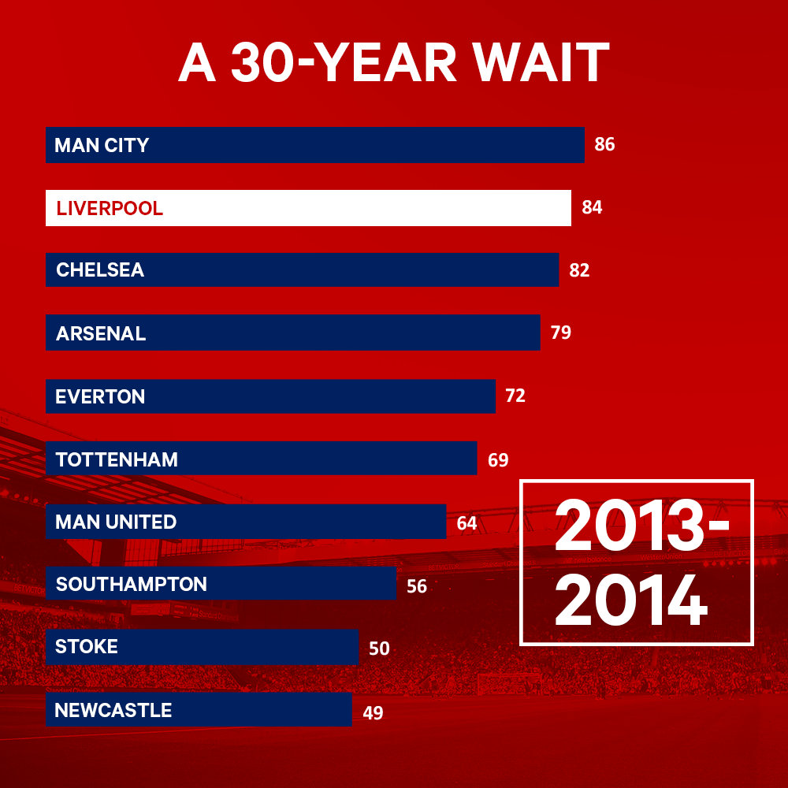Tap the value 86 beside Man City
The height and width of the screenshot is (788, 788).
coord(604,145)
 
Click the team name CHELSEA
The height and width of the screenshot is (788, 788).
coord(100,270)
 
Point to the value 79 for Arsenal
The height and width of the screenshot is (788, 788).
coord(561,333)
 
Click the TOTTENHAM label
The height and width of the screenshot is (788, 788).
coord(117,459)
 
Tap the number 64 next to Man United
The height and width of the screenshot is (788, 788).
coord(466,523)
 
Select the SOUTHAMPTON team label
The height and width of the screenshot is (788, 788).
coord(132,585)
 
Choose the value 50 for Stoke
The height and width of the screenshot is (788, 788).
coord(379,649)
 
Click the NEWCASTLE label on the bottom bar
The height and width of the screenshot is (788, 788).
coord(113,711)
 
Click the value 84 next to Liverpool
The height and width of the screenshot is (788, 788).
coord(592,208)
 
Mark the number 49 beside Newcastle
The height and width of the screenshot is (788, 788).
coord(373,713)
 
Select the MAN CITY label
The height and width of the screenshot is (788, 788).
coord(102,145)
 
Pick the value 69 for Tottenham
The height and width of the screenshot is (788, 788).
coord(498,460)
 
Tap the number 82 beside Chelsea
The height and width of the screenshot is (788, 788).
coord(579,270)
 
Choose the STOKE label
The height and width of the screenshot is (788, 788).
coord(87,647)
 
